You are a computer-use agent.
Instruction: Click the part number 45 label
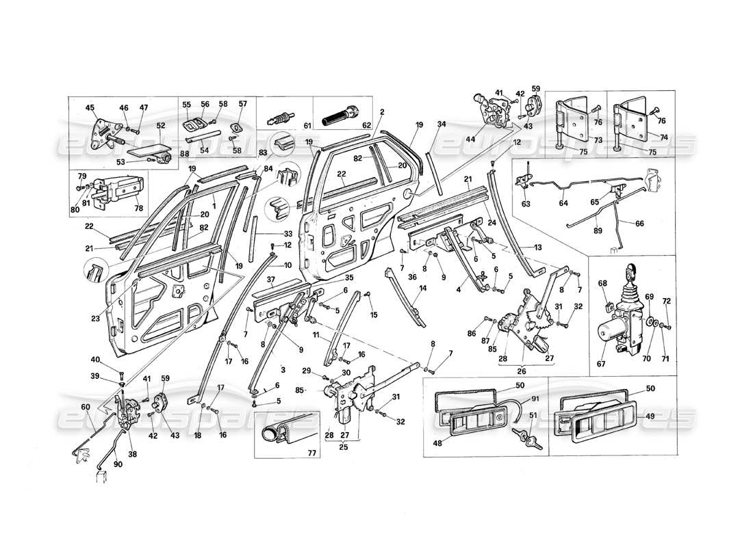pos(90,107)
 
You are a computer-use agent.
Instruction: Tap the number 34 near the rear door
pos(442,124)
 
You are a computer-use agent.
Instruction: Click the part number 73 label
pos(598,139)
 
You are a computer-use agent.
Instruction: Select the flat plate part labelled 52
pos(144,146)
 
